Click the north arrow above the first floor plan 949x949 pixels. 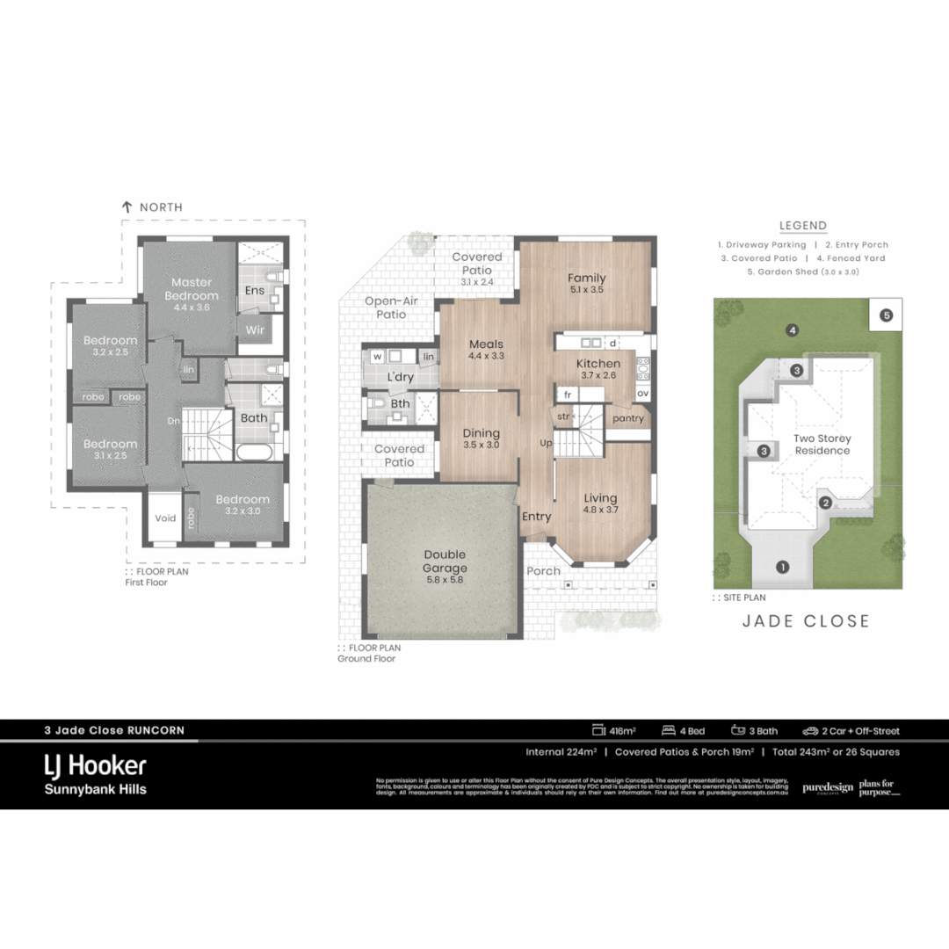pyautogui.click(x=127, y=207)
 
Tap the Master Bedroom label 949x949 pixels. pyautogui.click(x=192, y=289)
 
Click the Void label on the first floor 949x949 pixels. pyautogui.click(x=165, y=518)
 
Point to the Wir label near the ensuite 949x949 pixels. pyautogui.click(x=256, y=330)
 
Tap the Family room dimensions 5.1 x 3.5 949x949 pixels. pyautogui.click(x=586, y=290)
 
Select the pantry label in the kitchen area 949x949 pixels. pyautogui.click(x=628, y=418)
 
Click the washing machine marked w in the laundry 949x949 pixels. pyautogui.click(x=377, y=357)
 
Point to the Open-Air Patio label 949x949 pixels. pyautogui.click(x=391, y=308)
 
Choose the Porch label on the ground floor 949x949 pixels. pyautogui.click(x=543, y=571)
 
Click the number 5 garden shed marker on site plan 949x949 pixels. pyautogui.click(x=886, y=315)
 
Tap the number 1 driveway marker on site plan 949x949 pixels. pyautogui.click(x=782, y=567)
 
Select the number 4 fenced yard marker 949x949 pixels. pyautogui.click(x=793, y=330)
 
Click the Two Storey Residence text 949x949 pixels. pyautogui.click(x=822, y=445)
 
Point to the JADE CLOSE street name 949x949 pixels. pyautogui.click(x=806, y=621)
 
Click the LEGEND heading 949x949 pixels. pyautogui.click(x=802, y=226)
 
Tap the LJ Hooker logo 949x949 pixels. pyautogui.click(x=95, y=765)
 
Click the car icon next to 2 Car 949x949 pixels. pyautogui.click(x=809, y=730)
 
